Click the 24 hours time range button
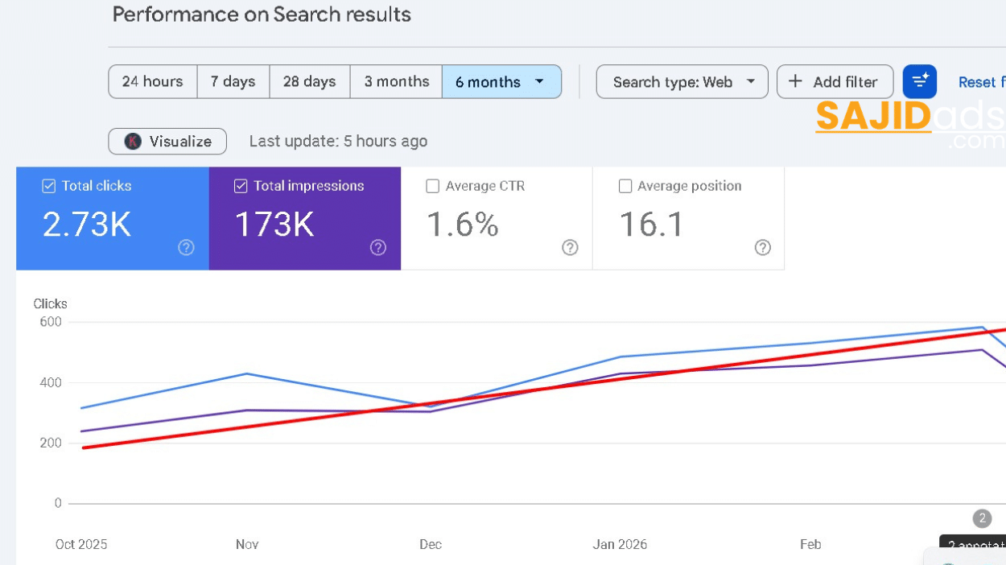coord(152,82)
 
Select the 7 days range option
coord(233,82)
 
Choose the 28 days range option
coord(309,82)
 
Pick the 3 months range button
coord(396,82)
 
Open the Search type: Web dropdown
coord(682,82)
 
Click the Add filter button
coord(834,82)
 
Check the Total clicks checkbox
coord(48,187)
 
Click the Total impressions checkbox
coord(241,187)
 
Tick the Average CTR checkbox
coord(432,187)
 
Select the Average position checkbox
coord(625,187)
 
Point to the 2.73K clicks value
coord(87,225)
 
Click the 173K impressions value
coord(274,225)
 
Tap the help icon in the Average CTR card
coord(570,248)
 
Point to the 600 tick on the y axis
coord(52,322)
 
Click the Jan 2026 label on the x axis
coord(620,545)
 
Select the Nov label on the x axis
coord(247,545)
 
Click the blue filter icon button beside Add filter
coord(919,82)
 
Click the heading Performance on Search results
coord(262,15)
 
